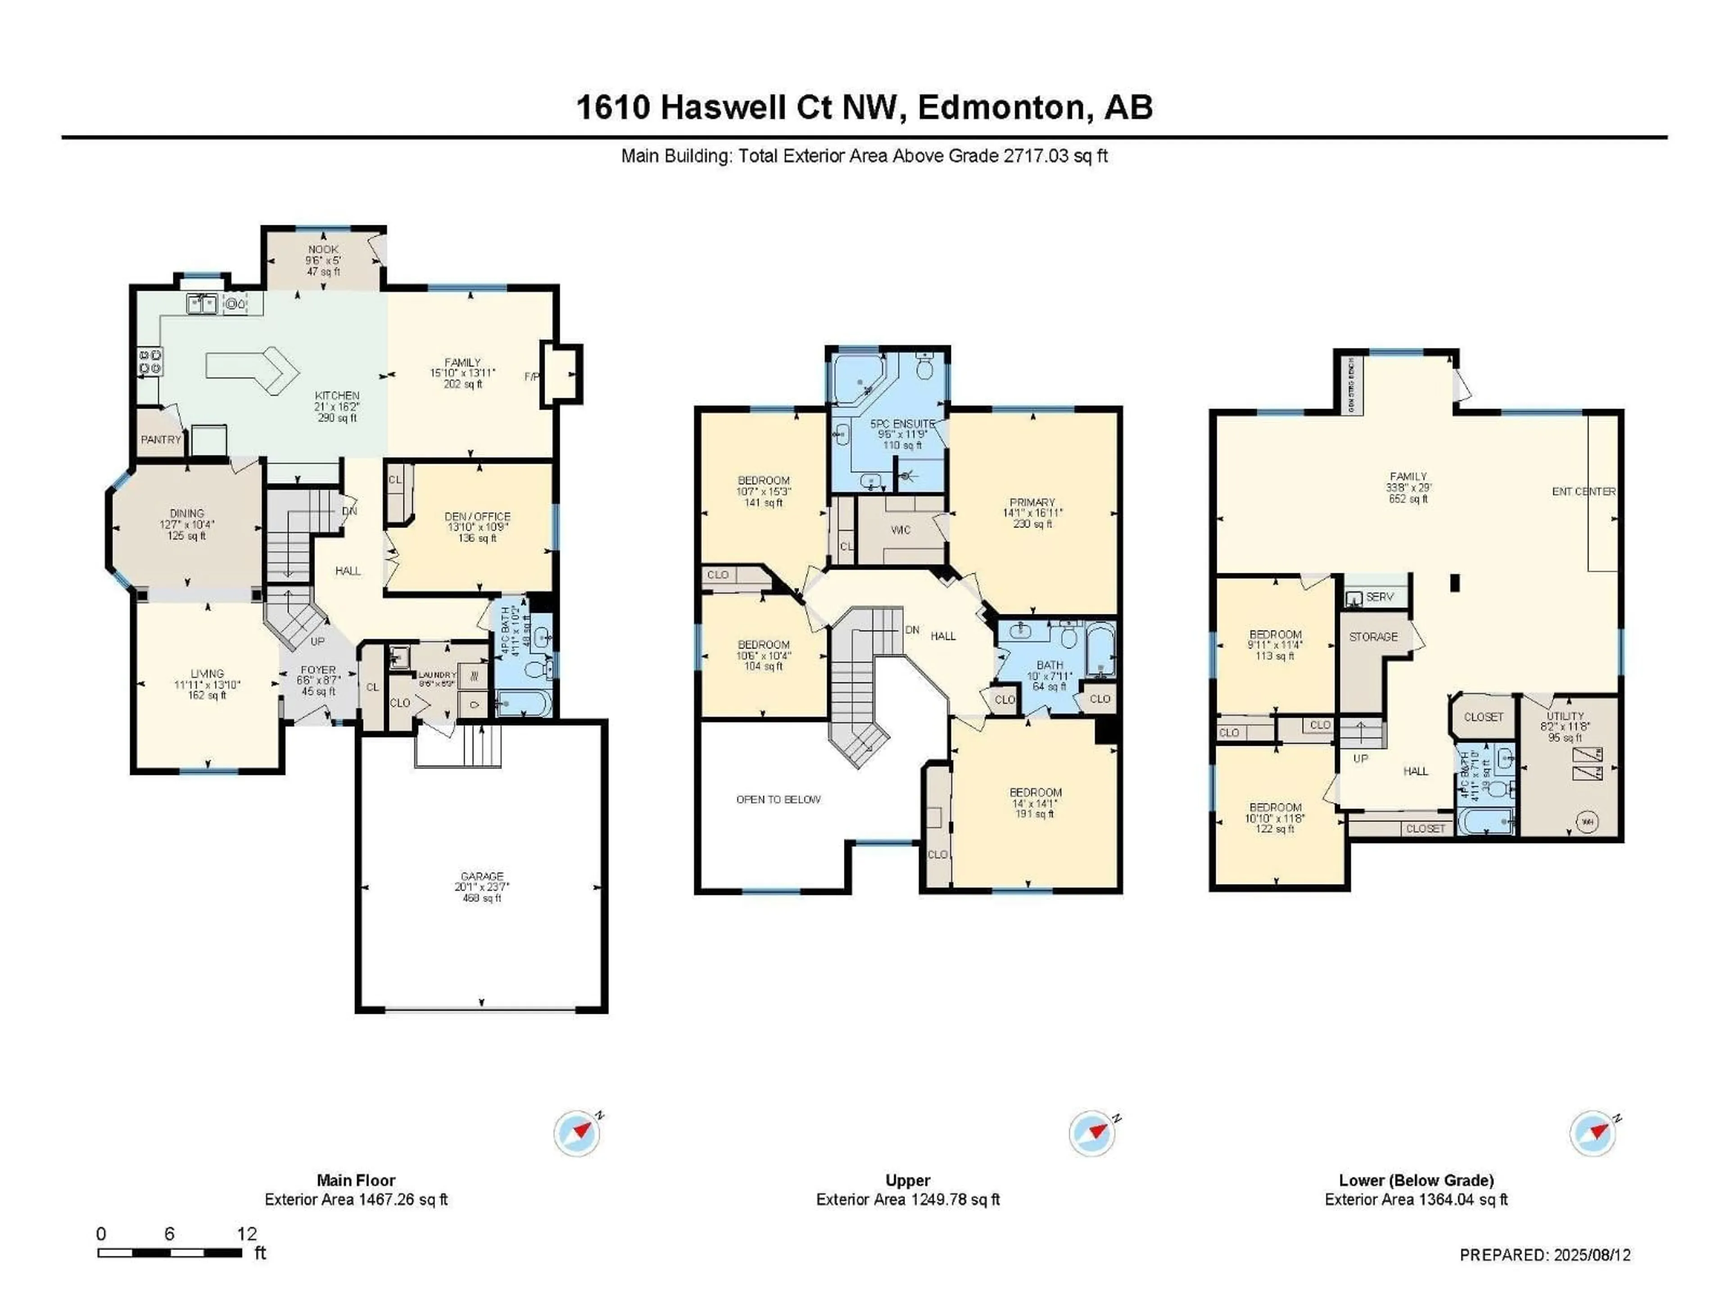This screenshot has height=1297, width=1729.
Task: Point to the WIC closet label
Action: pos(901,530)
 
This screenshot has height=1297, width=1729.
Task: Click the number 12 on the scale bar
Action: pos(247,1234)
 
